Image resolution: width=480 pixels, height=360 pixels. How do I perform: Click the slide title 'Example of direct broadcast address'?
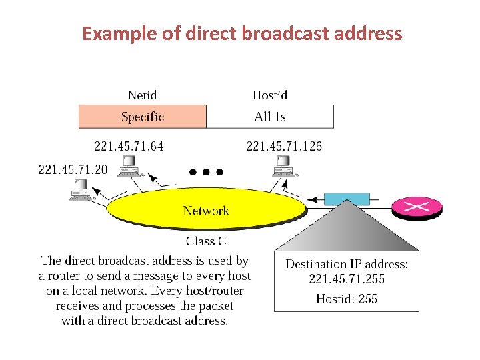[242, 33]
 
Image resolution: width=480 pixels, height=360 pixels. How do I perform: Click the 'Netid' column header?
[142, 95]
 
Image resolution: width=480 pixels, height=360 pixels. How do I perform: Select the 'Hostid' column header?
[269, 95]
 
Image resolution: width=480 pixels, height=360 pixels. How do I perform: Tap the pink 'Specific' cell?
[142, 117]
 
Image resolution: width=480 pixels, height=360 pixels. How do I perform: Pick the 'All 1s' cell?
[270, 117]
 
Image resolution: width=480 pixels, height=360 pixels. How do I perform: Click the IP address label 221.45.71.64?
[129, 145]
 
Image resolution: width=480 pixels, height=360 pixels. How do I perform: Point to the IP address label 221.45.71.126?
[284, 145]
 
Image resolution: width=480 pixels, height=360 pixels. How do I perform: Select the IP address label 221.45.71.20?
[73, 169]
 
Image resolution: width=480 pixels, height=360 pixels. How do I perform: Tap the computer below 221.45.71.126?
[283, 164]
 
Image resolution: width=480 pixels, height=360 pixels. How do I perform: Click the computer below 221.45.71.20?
[81, 189]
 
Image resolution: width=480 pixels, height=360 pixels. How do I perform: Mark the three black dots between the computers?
[205, 172]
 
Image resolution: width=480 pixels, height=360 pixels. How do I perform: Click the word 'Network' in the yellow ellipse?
[205, 211]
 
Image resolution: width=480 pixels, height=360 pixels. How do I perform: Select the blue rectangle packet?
[347, 199]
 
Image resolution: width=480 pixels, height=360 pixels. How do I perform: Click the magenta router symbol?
[417, 207]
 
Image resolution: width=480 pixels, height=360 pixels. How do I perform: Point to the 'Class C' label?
[206, 240]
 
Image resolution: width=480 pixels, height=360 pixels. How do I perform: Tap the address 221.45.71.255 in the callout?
[347, 279]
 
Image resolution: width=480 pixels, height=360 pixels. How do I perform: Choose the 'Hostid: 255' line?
[347, 298]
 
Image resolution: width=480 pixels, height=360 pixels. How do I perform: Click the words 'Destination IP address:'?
[347, 264]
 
